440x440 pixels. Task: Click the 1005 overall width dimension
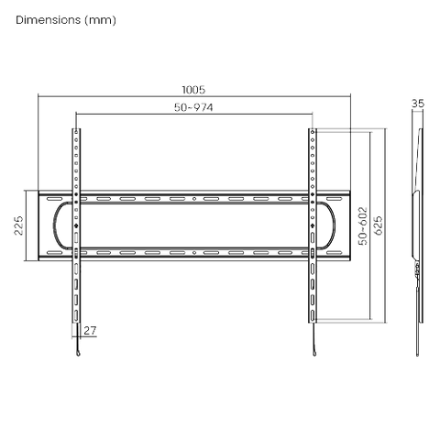[x=193, y=90]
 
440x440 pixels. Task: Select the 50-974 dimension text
[x=193, y=107]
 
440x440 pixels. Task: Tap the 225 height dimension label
[x=18, y=225]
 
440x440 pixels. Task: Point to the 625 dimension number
[x=379, y=225]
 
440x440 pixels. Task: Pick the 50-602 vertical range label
[x=363, y=226]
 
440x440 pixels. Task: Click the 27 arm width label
[x=90, y=330]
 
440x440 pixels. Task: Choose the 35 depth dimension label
[x=418, y=104]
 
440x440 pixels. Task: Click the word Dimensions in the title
[x=49, y=20]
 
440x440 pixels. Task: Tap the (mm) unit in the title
[x=100, y=20]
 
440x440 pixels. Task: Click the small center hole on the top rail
[x=194, y=199]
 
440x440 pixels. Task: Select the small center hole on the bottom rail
[x=194, y=253]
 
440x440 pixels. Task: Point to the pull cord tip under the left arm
[x=78, y=354]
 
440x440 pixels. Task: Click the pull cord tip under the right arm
[x=314, y=354]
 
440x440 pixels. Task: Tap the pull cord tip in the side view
[x=417, y=355]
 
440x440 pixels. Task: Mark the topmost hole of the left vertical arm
[x=76, y=132]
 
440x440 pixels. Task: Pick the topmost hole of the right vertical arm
[x=313, y=132]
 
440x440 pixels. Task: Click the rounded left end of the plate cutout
[x=54, y=225]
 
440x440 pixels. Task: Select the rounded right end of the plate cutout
[x=334, y=225]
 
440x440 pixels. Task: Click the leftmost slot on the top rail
[x=55, y=199]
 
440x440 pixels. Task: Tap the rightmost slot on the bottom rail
[x=334, y=253]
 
